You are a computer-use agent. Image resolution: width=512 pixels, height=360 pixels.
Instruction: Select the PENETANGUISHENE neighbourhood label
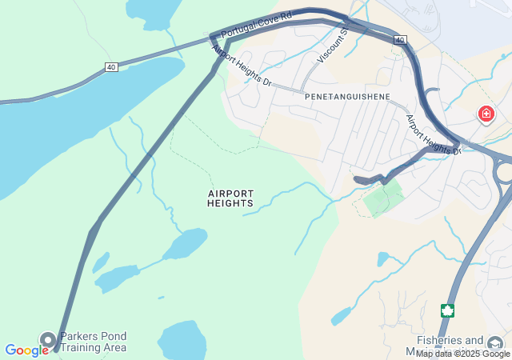tap(347, 96)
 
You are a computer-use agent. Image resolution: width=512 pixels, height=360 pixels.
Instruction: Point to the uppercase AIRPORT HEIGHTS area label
tap(230, 198)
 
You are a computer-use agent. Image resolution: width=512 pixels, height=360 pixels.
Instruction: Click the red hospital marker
tap(486, 114)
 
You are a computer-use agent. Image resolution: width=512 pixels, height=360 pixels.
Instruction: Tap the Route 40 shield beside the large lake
tap(111, 67)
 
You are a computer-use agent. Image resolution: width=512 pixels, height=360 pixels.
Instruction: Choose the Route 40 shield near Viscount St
tap(400, 39)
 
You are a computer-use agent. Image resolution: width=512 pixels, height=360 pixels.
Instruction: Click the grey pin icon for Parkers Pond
tap(47, 341)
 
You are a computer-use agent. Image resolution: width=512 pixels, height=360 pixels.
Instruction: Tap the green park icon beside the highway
tap(448, 310)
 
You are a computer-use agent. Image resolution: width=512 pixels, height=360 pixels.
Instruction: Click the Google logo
tap(26, 350)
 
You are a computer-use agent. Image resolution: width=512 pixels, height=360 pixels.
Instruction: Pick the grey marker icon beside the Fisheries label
tap(497, 342)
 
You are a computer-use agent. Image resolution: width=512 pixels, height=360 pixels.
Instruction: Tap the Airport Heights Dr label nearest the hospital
tap(434, 134)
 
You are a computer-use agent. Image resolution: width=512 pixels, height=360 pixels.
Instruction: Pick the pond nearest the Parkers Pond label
tap(182, 342)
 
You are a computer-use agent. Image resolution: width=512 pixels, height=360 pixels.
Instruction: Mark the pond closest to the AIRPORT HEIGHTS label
tap(186, 243)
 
